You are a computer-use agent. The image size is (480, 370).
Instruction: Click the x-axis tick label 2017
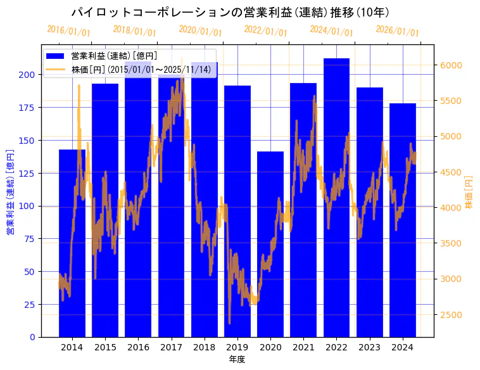point(171,347)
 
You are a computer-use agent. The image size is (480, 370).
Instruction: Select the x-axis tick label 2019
point(237,347)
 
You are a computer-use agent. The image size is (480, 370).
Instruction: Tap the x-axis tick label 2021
point(303,347)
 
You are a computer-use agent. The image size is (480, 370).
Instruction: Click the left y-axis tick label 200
point(27,75)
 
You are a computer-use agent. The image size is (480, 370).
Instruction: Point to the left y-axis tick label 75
point(30,239)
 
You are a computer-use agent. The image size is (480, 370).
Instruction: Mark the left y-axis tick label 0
point(32,337)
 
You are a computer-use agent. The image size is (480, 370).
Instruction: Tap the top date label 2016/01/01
point(68,31)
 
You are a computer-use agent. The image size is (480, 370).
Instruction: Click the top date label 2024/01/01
point(331,31)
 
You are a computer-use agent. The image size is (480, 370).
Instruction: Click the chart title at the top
point(230,12)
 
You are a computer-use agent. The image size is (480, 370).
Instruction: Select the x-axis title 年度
point(237,359)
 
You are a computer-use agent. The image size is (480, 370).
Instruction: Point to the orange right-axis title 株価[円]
point(469,192)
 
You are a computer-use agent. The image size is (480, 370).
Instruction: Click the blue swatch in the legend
point(56,56)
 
